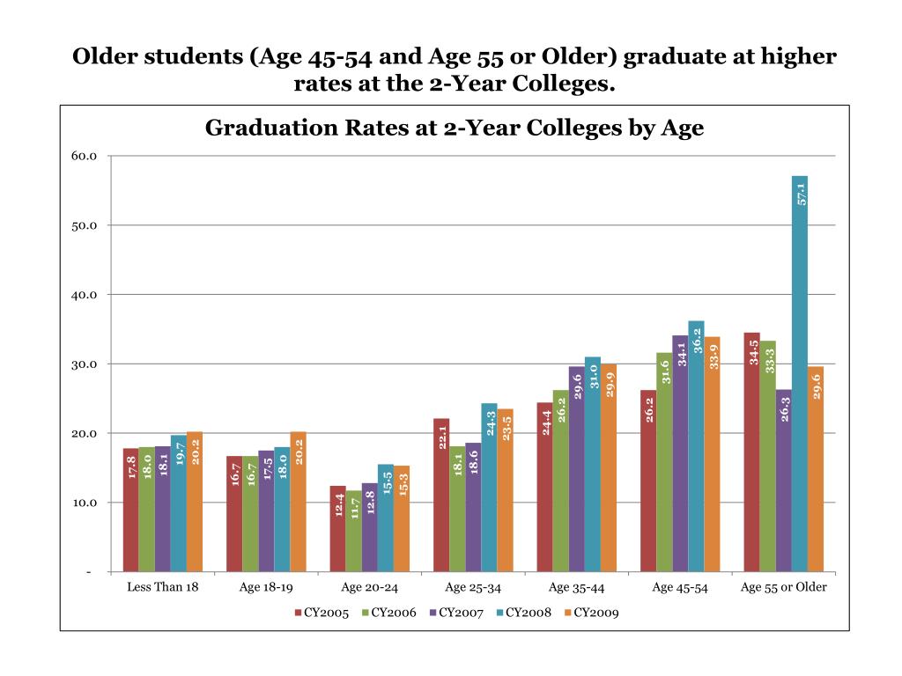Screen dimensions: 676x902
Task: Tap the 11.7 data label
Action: (354, 508)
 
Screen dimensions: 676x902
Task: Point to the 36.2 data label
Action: (697, 339)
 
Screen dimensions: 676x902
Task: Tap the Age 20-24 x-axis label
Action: (369, 587)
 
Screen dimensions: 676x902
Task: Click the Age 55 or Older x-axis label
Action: (783, 587)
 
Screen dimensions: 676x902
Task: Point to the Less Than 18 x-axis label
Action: (162, 587)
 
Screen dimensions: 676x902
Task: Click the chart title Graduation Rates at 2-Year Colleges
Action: (455, 129)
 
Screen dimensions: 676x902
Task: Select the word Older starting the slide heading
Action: (101, 58)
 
